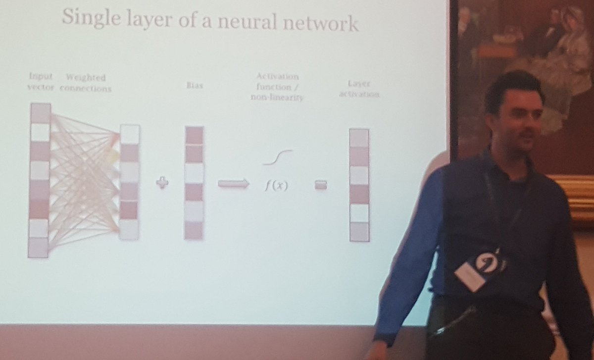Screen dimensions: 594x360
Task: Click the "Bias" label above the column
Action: [x=194, y=86]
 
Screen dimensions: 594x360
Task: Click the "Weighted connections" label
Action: [x=86, y=83]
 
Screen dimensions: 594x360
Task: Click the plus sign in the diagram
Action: [x=162, y=183]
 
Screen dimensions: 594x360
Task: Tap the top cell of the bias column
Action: [x=194, y=135]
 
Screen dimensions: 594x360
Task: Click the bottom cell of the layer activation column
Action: [x=359, y=232]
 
